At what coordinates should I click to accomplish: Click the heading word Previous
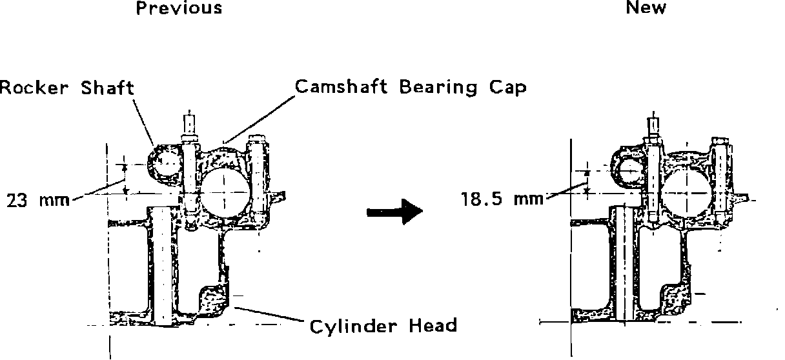179,8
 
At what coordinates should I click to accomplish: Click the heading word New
646,8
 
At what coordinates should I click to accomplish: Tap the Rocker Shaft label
66,88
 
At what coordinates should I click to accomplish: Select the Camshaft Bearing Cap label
411,86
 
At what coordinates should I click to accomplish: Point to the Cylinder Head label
383,326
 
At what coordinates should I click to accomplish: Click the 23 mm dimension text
38,200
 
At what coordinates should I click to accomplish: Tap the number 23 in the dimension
16,200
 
